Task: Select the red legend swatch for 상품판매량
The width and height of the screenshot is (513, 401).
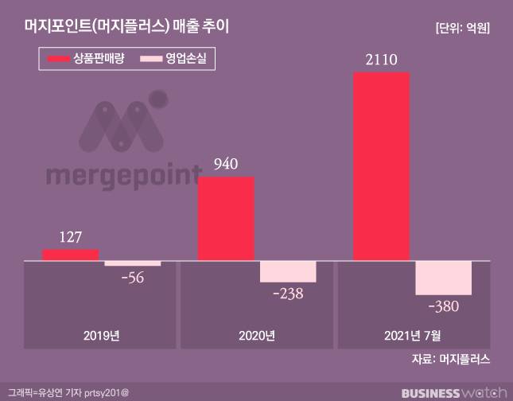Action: pyautogui.click(x=63, y=59)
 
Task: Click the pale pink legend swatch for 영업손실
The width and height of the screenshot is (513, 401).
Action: pyautogui.click(x=151, y=59)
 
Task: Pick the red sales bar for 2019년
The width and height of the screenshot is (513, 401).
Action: pyautogui.click(x=70, y=255)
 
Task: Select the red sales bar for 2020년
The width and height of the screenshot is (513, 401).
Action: pyautogui.click(x=226, y=218)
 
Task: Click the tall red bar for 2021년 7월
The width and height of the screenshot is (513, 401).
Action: pyautogui.click(x=381, y=165)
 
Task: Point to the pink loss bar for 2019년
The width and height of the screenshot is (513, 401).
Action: pyautogui.click(x=132, y=263)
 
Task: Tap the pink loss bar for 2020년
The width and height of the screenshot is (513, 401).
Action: pyautogui.click(x=288, y=271)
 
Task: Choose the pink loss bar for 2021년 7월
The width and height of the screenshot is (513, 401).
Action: pyautogui.click(x=444, y=278)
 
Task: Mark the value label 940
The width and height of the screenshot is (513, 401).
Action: pyautogui.click(x=227, y=165)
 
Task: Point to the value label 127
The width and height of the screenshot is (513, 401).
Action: pyautogui.click(x=71, y=237)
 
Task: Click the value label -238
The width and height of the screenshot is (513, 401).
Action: pyautogui.click(x=289, y=294)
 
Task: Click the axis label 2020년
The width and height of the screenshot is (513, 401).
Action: pyautogui.click(x=257, y=335)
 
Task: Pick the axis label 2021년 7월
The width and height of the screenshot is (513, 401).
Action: pyautogui.click(x=413, y=335)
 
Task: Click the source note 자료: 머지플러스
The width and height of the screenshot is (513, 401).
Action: pyautogui.click(x=450, y=360)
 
